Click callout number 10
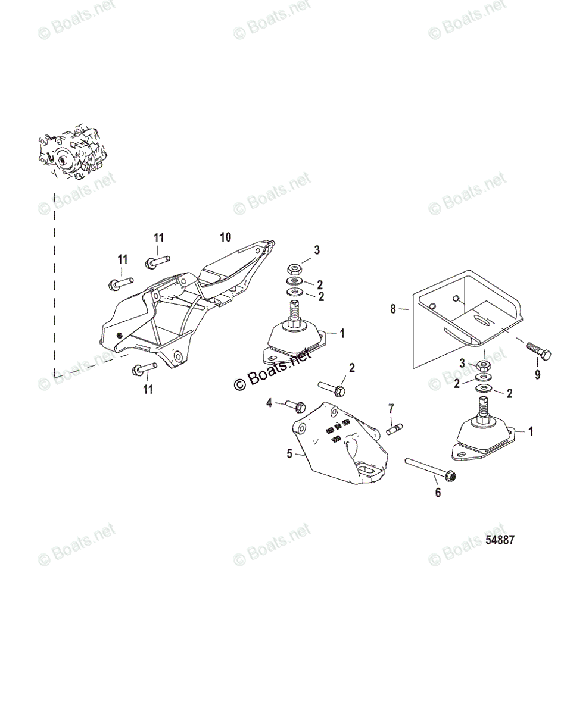pyautogui.click(x=225, y=238)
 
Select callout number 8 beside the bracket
pyautogui.click(x=392, y=309)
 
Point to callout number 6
pyautogui.click(x=438, y=493)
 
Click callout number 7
pyautogui.click(x=391, y=408)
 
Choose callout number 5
pyautogui.click(x=306, y=454)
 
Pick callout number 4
pyautogui.click(x=269, y=403)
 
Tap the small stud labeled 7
pyautogui.click(x=394, y=427)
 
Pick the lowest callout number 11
pyautogui.click(x=148, y=389)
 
